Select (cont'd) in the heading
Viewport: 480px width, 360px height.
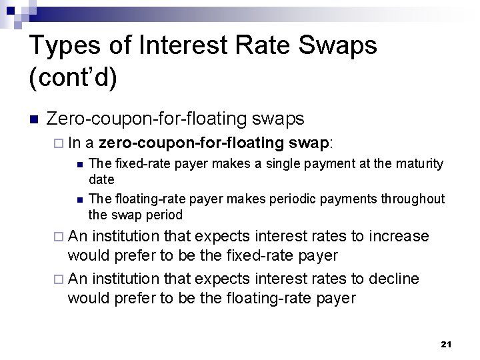click(73, 78)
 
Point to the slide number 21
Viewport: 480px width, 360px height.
click(447, 344)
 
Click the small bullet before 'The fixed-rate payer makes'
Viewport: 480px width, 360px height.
click(79, 164)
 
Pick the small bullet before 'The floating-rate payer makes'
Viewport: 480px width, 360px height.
click(79, 199)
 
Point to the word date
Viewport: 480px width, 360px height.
click(101, 179)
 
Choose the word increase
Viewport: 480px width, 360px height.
click(399, 236)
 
